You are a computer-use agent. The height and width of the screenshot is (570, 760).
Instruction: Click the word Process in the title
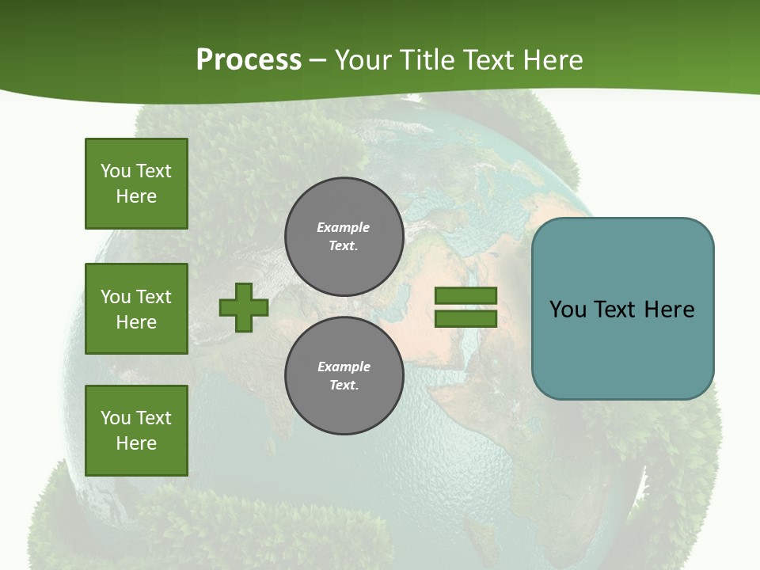(249, 60)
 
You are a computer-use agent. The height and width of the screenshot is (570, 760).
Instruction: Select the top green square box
(136, 184)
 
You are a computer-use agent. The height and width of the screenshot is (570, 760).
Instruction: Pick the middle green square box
(136, 309)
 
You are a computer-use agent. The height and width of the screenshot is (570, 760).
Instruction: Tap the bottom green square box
(136, 431)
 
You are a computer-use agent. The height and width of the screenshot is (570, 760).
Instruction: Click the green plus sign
(244, 308)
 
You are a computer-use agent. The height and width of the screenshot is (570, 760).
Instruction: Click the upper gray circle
(344, 237)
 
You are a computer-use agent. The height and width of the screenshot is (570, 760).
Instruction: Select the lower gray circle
(344, 376)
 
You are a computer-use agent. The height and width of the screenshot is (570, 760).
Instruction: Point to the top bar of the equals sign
(465, 296)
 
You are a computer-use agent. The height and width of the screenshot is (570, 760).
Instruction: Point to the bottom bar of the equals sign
(465, 319)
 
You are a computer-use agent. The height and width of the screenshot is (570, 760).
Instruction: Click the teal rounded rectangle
(622, 348)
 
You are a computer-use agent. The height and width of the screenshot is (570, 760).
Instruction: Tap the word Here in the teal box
(669, 310)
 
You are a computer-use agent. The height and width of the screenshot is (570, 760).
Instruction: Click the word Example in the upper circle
(343, 227)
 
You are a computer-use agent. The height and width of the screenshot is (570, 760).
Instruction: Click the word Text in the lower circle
(343, 386)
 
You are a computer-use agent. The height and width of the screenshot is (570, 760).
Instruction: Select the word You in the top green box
(115, 171)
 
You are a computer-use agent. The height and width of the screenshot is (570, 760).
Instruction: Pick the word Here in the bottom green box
(136, 443)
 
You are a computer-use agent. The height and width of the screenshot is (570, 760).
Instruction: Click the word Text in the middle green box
(154, 297)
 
